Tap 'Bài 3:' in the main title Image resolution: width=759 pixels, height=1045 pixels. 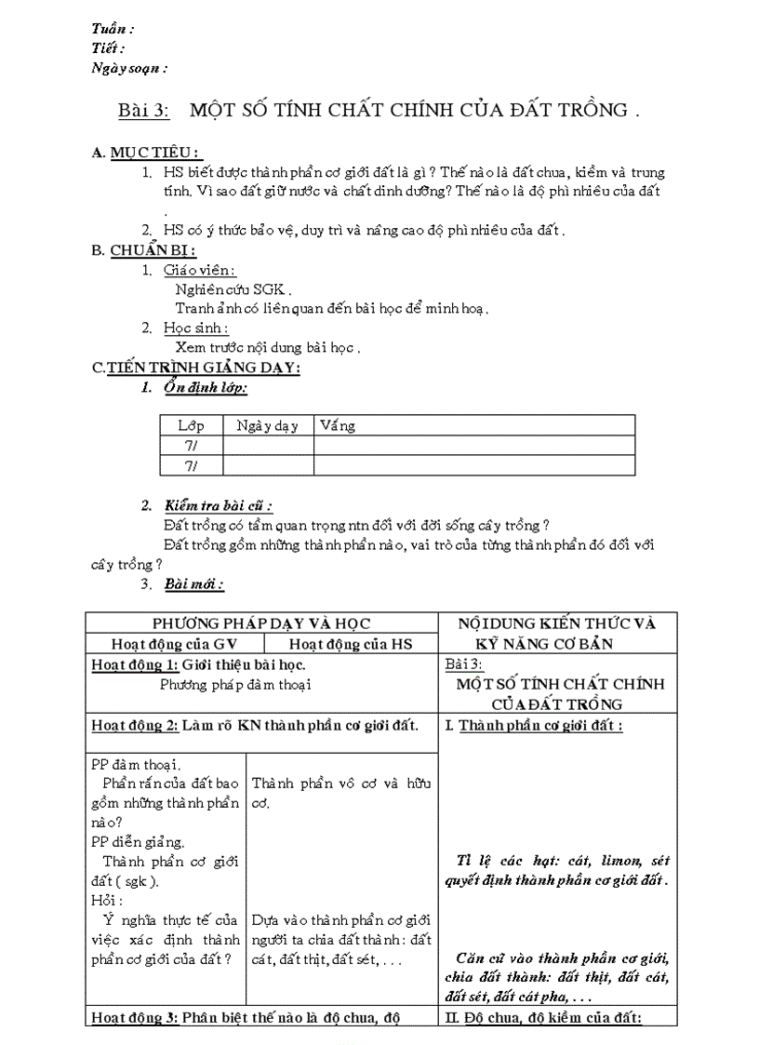(143, 111)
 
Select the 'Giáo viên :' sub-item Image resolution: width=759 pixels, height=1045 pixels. (199, 270)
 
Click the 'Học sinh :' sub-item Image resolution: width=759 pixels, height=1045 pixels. (195, 328)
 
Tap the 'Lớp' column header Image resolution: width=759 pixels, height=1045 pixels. (191, 425)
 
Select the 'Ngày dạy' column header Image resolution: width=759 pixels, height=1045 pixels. (267, 425)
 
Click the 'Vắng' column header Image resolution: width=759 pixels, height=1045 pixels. (338, 425)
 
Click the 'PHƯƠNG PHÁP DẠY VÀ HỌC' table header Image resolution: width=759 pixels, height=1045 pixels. (261, 623)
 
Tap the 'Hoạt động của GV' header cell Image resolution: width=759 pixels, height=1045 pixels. (174, 644)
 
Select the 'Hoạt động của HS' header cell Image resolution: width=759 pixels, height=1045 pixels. (351, 644)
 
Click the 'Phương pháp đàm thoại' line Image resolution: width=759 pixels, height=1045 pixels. (235, 684)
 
